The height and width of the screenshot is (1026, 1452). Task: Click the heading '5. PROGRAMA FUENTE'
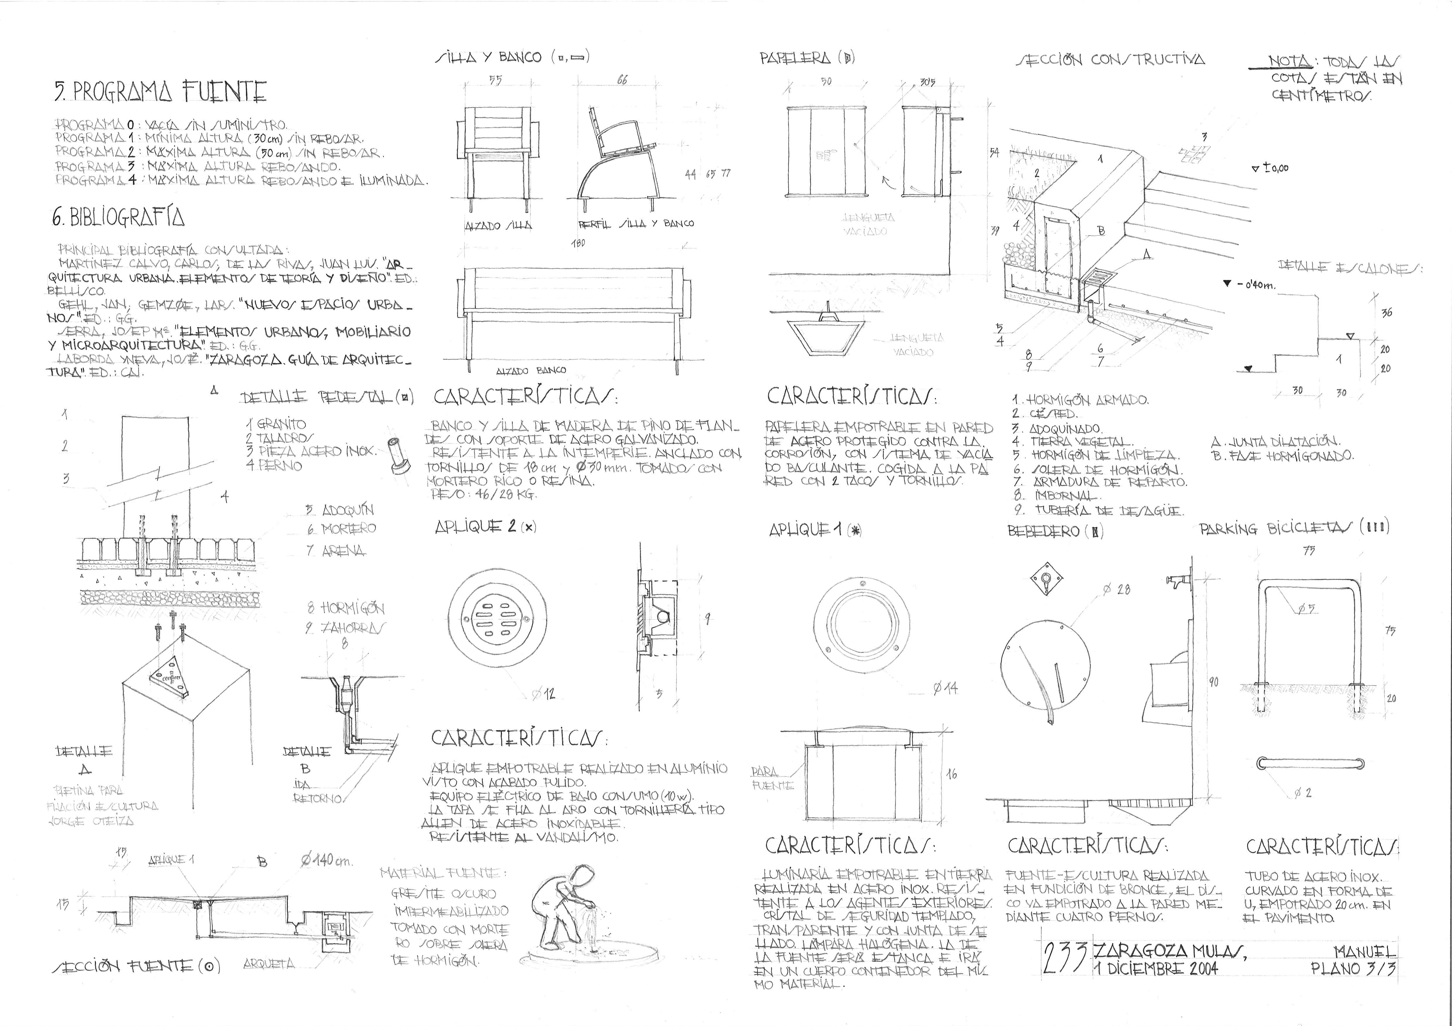click(160, 92)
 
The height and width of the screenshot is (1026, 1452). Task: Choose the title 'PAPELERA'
click(796, 58)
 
